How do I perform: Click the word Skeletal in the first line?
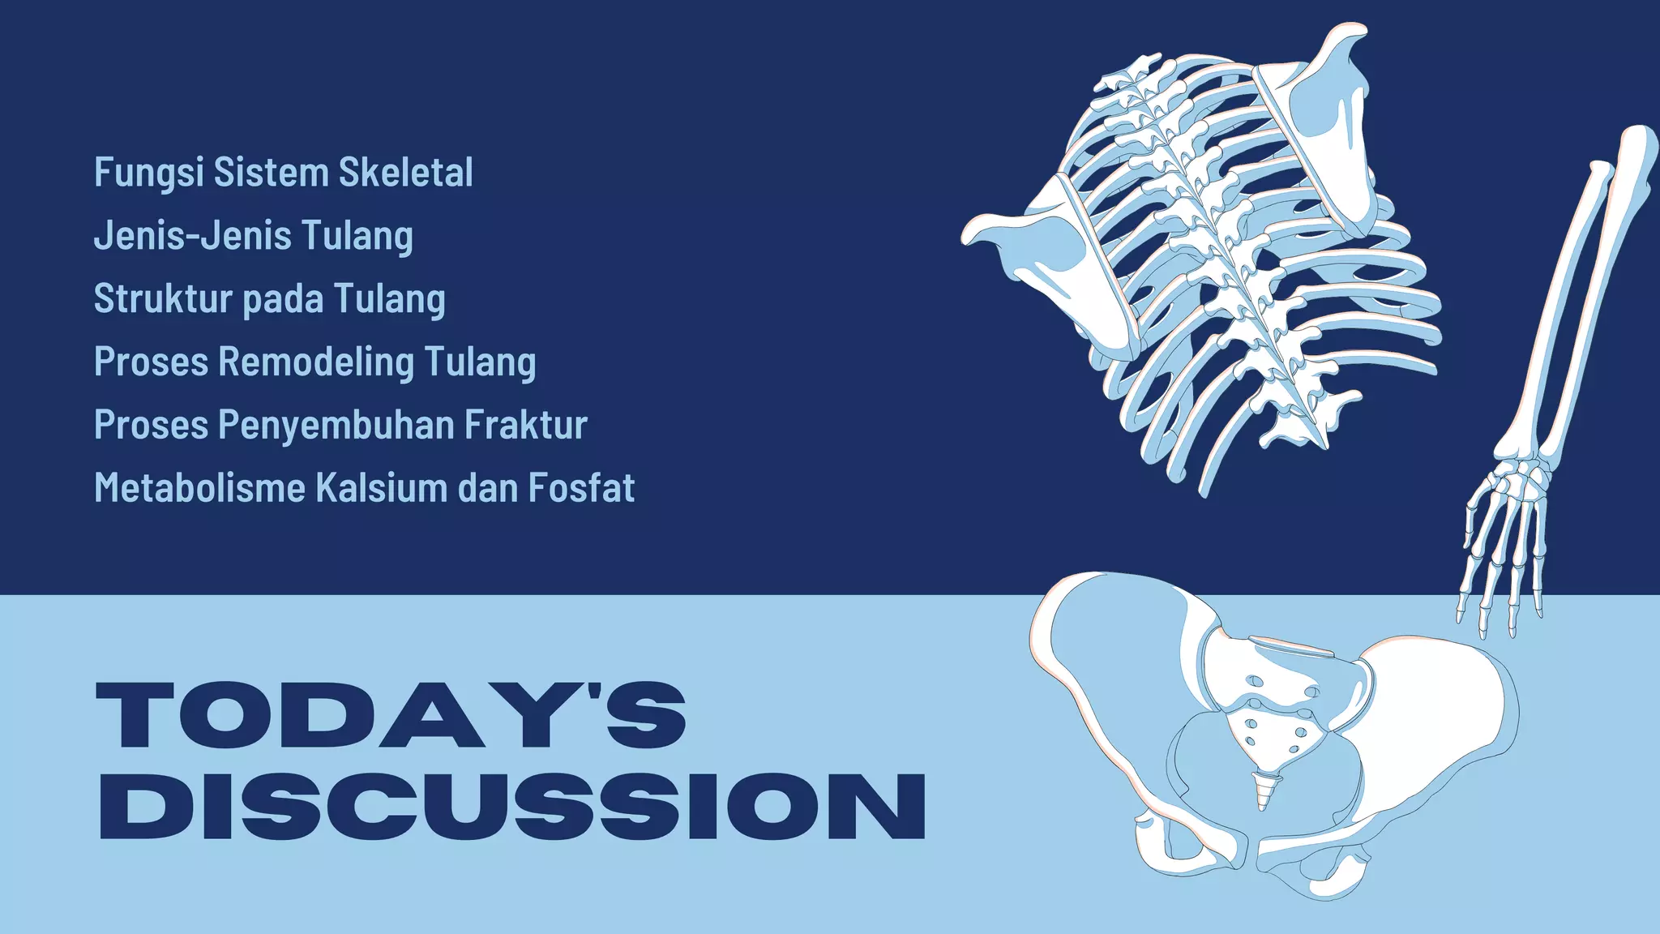click(405, 172)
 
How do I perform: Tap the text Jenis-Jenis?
click(192, 235)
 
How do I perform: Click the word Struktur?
click(163, 298)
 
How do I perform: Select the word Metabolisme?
click(199, 488)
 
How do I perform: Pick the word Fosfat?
click(581, 488)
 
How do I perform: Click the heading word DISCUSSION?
click(511, 806)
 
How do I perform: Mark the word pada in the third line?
click(284, 298)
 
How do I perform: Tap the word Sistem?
click(271, 172)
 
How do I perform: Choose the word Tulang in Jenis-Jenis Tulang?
click(357, 236)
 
